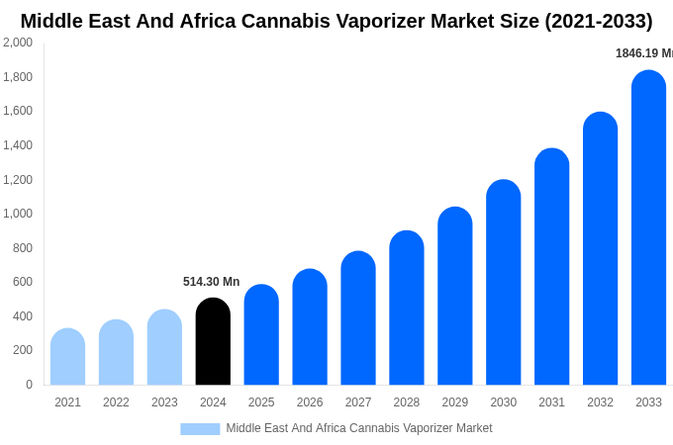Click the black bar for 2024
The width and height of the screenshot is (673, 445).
tap(213, 342)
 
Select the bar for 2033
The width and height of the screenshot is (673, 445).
tap(648, 228)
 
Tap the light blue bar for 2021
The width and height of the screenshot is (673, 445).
tap(67, 357)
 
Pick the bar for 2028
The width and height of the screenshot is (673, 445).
tap(407, 309)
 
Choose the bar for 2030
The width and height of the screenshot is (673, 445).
tap(503, 283)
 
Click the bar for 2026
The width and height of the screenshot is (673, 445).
tap(310, 327)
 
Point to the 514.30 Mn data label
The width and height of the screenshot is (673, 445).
tap(211, 282)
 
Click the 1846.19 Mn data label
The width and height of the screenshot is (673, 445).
tap(643, 53)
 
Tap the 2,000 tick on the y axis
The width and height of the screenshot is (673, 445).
tap(18, 43)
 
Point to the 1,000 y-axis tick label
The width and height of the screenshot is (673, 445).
tap(18, 214)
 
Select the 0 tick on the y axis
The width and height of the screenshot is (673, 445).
tap(29, 385)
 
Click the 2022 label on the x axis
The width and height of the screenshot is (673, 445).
tap(116, 402)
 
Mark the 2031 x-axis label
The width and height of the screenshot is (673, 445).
tap(551, 402)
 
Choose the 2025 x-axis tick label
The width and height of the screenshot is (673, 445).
tap(261, 402)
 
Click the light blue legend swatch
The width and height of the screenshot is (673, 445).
tap(200, 429)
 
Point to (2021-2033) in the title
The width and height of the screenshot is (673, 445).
tap(598, 21)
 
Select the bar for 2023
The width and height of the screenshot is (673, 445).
tap(164, 348)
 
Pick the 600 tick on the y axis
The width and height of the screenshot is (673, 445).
tap(22, 282)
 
